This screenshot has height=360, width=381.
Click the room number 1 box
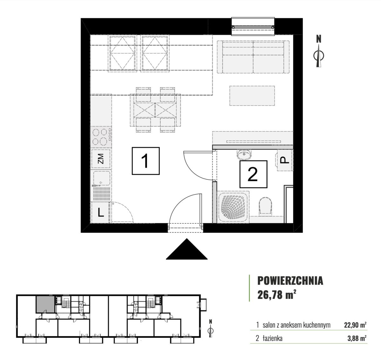coord(145,161)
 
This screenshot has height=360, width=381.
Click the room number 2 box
coord(253,174)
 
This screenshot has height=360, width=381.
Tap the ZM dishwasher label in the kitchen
coord(101,159)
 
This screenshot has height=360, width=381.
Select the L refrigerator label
coord(101,213)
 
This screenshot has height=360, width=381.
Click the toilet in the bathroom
coord(265,206)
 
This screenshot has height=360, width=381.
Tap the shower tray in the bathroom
coord(233,207)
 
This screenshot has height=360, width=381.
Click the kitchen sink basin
coord(102,178)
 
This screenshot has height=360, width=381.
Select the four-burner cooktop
coord(101,137)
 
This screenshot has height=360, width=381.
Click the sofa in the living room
coord(253,57)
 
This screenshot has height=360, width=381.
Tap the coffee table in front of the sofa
coord(252,96)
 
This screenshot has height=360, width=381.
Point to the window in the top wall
coord(253,26)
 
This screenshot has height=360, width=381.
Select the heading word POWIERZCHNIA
coord(290,281)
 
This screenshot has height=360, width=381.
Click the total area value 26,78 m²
coord(277,295)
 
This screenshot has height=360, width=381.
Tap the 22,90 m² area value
coord(355,325)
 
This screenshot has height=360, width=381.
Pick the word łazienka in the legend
coord(272,338)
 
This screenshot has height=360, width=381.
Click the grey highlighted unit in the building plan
coord(45,304)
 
